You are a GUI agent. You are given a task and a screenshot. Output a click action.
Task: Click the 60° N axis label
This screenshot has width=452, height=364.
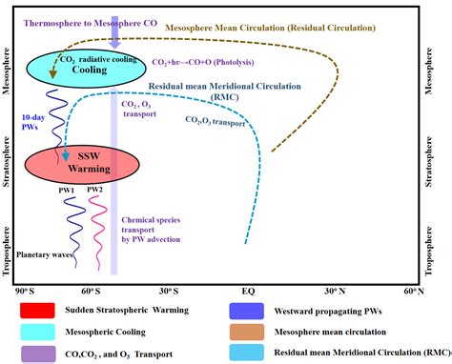[x=414, y=289]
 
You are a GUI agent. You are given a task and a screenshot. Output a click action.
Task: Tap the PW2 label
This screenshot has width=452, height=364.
[x=95, y=190]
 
